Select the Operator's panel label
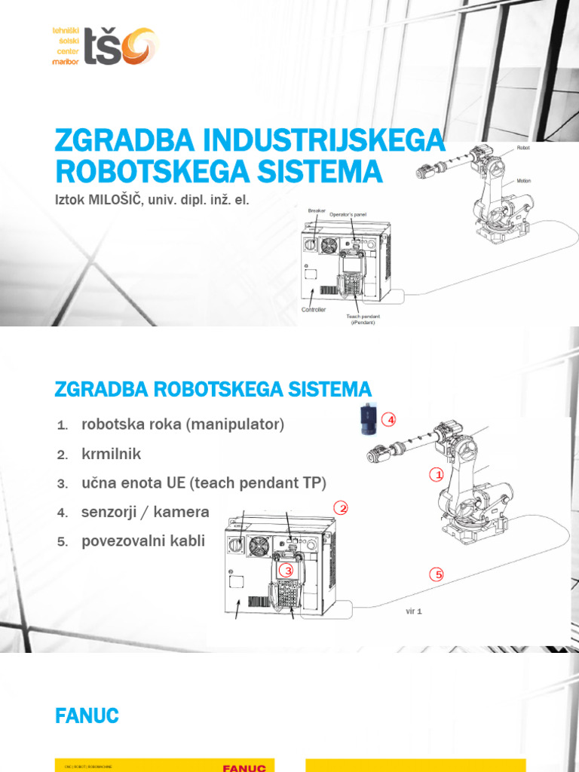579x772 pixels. click(348, 214)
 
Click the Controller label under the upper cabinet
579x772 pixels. click(314, 310)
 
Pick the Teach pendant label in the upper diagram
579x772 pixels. click(363, 319)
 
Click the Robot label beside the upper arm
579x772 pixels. click(522, 149)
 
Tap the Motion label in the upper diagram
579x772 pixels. click(524, 182)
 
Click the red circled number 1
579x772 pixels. click(436, 475)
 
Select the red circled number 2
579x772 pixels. click(342, 509)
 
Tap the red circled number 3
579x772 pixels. click(286, 571)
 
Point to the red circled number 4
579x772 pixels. click(388, 419)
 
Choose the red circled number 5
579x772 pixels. click(437, 575)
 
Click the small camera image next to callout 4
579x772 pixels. click(367, 420)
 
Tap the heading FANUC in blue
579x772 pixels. click(87, 716)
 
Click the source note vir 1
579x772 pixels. click(414, 611)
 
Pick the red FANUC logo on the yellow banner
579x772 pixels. click(244, 767)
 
